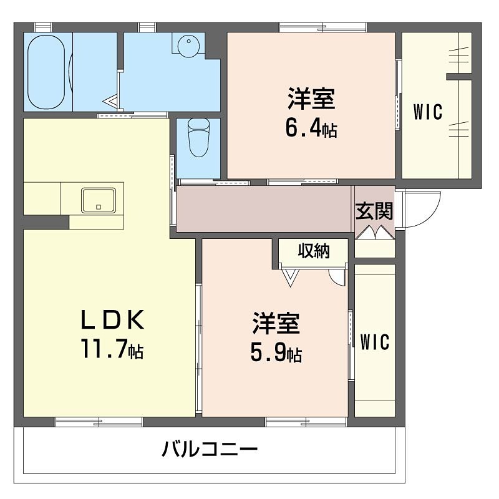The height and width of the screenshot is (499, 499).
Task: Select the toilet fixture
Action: point(199,138)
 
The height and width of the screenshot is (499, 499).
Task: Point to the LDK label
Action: point(112,320)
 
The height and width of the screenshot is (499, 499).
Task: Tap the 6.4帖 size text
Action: point(311,128)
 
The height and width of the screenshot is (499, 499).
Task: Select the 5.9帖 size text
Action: point(276,353)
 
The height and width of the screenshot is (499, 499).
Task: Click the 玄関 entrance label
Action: point(374,211)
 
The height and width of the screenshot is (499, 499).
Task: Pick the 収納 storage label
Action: point(313,251)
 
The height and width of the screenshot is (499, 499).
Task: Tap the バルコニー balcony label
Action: point(210,450)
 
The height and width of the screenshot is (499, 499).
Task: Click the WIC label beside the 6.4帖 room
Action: point(428,112)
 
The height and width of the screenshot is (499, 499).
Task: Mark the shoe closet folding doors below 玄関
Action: point(375,233)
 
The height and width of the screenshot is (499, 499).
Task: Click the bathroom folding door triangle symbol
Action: point(113,100)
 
